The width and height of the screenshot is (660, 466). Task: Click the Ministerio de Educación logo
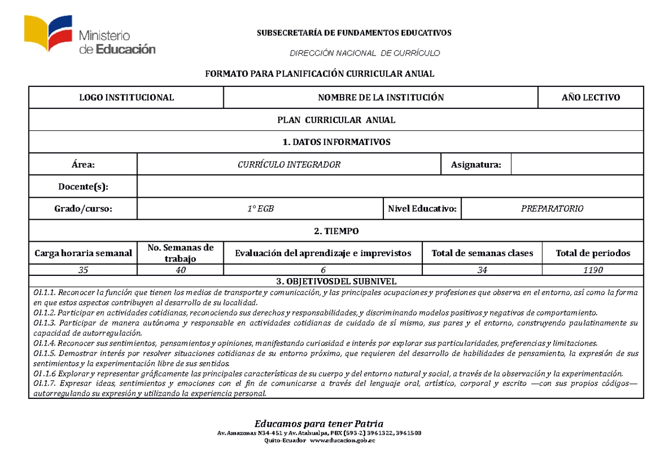[x=89, y=36]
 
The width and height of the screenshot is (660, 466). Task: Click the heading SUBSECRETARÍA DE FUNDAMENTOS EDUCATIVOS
[x=354, y=33]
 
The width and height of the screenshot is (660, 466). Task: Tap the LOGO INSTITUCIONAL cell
[x=127, y=98]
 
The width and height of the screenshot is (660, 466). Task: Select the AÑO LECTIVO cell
[x=590, y=98]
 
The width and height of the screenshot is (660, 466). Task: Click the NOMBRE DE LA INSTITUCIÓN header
[x=381, y=98]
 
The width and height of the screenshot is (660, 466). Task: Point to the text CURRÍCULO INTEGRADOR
[x=289, y=164]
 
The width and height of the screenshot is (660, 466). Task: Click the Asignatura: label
[x=476, y=164]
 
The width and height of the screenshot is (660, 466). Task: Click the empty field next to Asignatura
[x=577, y=164]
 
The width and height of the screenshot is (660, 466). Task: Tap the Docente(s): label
[x=84, y=187]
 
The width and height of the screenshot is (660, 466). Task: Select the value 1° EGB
[x=260, y=209]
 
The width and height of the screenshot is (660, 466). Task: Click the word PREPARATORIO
[x=552, y=209]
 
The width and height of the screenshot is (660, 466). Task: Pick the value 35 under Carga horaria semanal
[x=83, y=270]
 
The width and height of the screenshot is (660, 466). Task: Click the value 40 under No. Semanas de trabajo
[x=181, y=270]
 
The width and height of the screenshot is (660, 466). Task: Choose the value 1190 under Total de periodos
[x=593, y=270]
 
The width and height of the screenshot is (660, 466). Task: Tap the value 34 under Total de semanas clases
[x=482, y=270]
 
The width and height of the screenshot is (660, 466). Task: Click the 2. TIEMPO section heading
[x=336, y=231]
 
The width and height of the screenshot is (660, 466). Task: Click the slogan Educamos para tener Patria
[x=318, y=423]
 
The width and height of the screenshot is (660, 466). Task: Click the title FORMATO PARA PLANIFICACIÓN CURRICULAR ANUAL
[x=320, y=74]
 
